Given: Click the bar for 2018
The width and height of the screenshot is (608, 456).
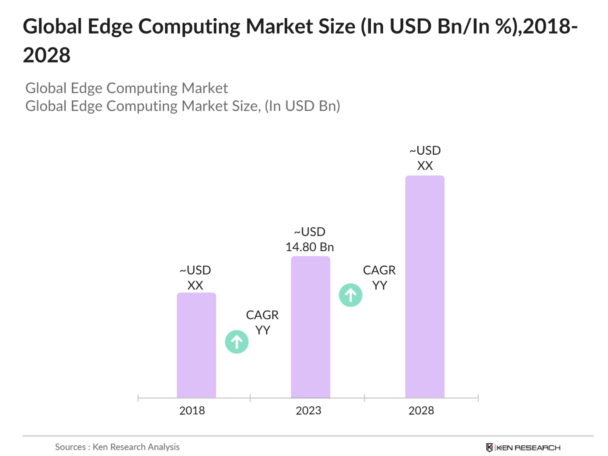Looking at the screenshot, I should click(196, 345).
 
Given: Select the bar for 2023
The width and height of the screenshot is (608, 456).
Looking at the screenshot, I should click(310, 327).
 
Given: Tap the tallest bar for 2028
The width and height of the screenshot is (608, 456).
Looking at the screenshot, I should click(424, 286).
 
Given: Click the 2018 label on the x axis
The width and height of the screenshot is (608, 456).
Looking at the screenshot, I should click(192, 411).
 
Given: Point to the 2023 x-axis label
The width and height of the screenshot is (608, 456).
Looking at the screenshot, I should click(308, 411).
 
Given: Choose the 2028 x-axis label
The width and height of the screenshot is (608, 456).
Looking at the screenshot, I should click(421, 411).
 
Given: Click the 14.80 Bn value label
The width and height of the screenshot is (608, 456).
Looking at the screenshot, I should click(309, 247).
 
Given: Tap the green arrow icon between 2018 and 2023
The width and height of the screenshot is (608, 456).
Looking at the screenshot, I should click(237, 342).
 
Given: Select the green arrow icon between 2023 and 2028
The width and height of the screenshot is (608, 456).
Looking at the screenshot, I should click(351, 295).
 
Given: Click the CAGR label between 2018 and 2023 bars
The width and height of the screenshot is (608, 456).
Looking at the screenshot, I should click(262, 315).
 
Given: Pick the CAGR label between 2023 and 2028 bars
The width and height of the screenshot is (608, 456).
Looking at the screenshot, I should click(379, 270).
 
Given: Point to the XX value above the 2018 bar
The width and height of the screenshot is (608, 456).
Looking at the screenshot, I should click(195, 286).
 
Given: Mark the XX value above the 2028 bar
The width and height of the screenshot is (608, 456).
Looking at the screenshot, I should click(425, 166).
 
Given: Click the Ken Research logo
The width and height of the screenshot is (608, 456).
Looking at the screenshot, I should click(523, 448).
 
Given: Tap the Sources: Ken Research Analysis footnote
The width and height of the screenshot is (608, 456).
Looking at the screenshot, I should click(117, 447).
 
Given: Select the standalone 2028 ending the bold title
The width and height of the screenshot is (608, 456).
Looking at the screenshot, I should click(47, 55).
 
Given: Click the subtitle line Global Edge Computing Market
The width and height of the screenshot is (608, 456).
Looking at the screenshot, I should click(127, 88).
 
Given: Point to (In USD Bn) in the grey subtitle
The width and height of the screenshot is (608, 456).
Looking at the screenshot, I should click(302, 106).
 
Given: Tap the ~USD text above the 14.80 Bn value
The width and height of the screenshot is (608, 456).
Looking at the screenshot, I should click(310, 232).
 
